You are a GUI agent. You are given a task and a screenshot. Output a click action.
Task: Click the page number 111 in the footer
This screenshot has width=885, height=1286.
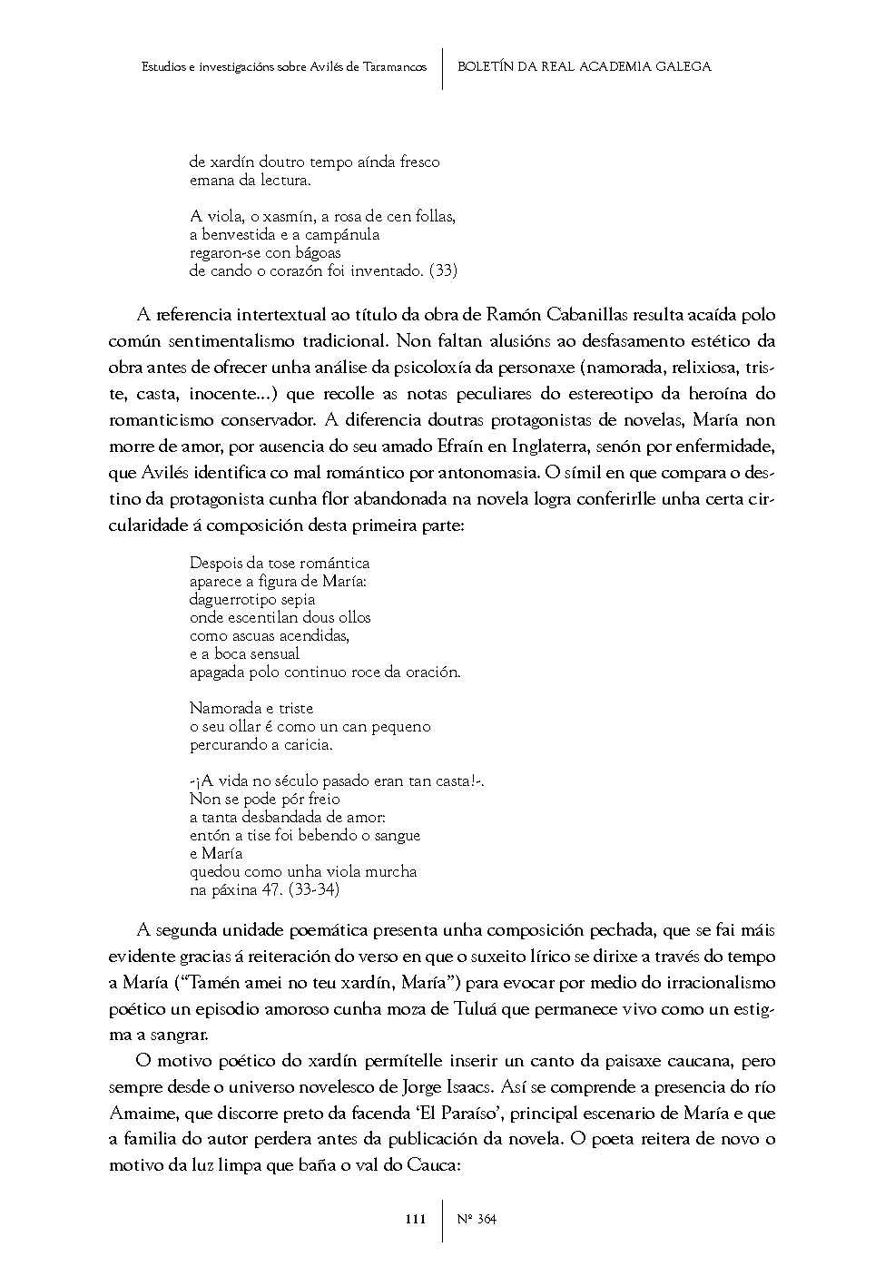coord(415,1219)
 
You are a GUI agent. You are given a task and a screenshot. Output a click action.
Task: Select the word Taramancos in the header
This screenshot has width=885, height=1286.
coord(395,66)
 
